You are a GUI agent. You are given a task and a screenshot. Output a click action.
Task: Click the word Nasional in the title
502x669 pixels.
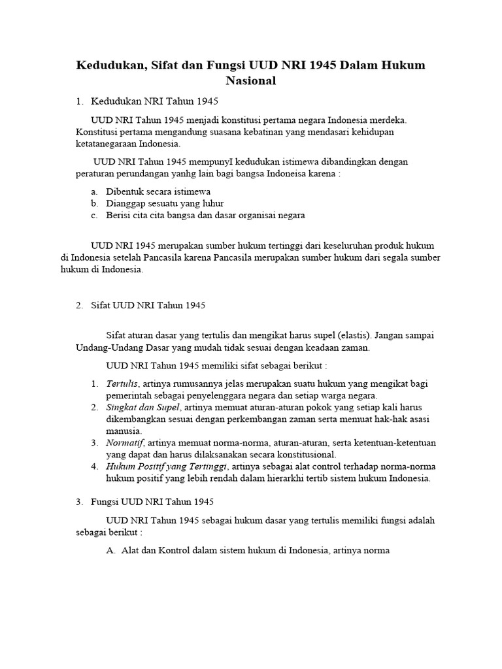click(x=251, y=82)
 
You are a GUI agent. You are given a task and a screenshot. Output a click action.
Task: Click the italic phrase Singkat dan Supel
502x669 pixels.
click(x=139, y=407)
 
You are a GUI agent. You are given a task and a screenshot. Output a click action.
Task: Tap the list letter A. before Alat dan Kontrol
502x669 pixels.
click(x=110, y=550)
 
